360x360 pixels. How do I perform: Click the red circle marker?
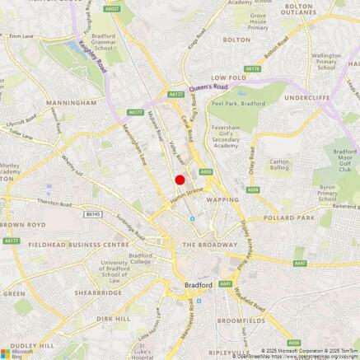click(x=180, y=180)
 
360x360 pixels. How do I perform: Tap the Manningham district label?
click(x=71, y=103)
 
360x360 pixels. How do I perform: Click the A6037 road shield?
click(x=114, y=9)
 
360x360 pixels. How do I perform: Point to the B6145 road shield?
click(x=92, y=213)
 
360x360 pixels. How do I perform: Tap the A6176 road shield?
click(x=252, y=69)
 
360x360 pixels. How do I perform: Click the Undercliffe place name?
click(x=308, y=97)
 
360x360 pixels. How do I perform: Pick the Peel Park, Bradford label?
click(x=238, y=104)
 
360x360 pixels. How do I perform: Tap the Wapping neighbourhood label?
click(x=222, y=199)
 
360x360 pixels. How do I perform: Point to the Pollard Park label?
click(x=289, y=217)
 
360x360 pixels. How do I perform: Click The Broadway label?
click(x=209, y=245)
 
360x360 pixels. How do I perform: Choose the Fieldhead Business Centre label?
click(x=67, y=245)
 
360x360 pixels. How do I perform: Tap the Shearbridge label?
click(x=97, y=292)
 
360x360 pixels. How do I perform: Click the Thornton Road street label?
click(x=54, y=202)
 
